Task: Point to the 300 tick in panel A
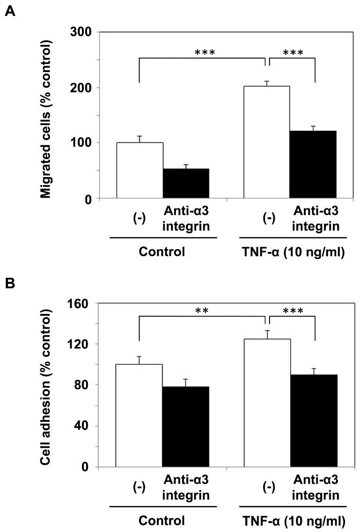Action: click(x=83, y=32)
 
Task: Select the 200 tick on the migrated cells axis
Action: click(x=83, y=88)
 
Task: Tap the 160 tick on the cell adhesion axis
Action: click(x=83, y=303)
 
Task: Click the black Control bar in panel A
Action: click(x=186, y=183)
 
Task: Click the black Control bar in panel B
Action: click(x=186, y=427)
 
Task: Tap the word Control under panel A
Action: click(x=162, y=251)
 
